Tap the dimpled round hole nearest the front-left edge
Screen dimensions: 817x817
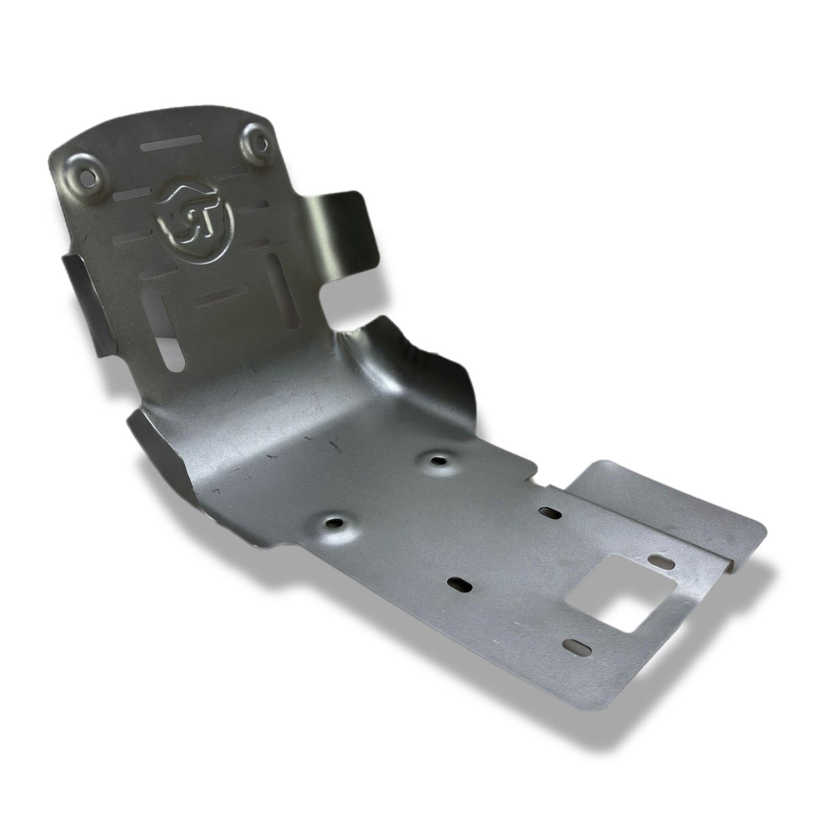point(334,524)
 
